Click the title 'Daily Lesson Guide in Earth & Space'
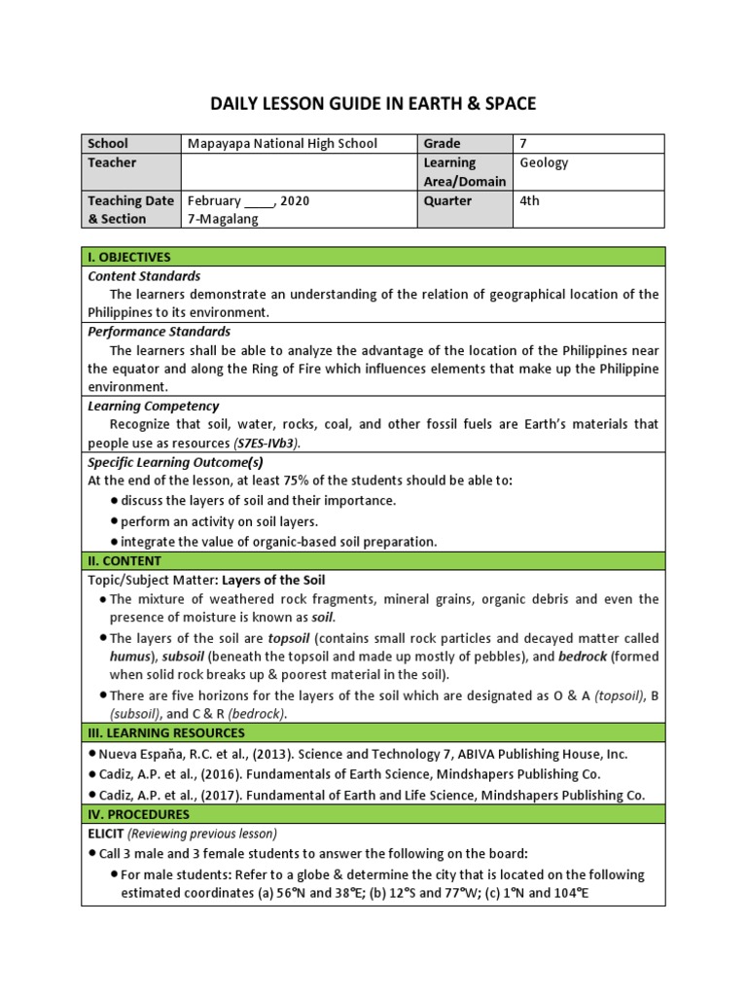coord(373,103)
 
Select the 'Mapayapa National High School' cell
coord(282,143)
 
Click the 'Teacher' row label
coord(112,162)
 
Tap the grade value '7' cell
coord(524,143)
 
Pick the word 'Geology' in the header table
coord(544,162)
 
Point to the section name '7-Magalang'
coord(223,219)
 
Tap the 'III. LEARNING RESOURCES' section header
coord(166,732)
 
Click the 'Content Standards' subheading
coord(144,276)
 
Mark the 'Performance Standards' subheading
coord(159,332)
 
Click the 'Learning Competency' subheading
coord(154,406)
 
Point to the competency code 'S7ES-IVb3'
coord(265,443)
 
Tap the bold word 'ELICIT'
coord(106,833)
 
